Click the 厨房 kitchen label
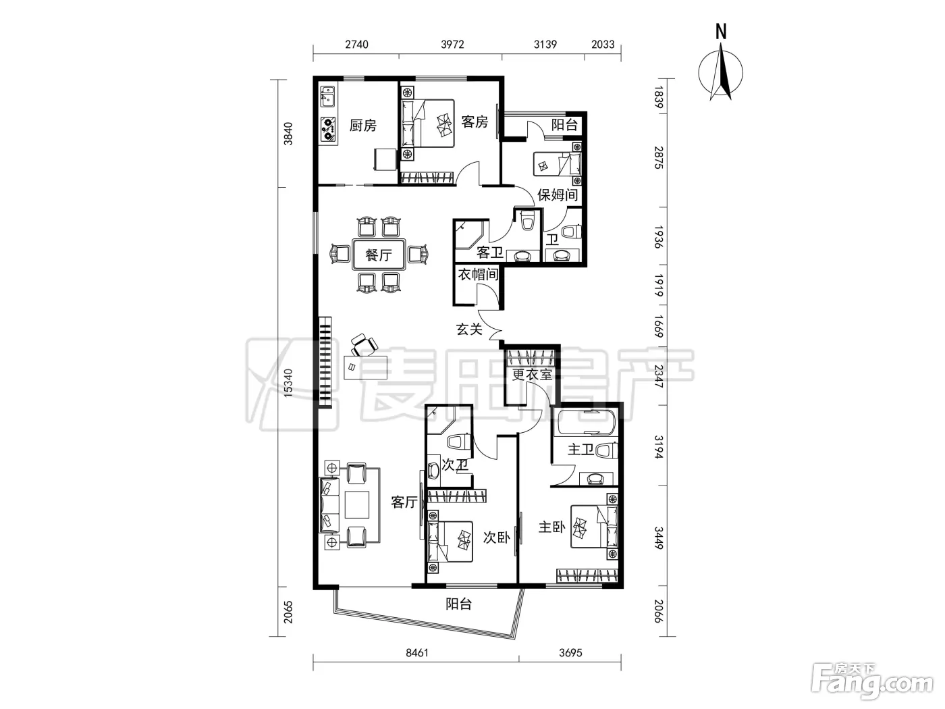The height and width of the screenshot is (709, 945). pyautogui.click(x=363, y=126)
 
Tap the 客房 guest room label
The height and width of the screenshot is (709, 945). pyautogui.click(x=475, y=122)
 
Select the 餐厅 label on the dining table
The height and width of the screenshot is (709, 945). pyautogui.click(x=379, y=255)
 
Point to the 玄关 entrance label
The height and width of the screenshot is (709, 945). pyautogui.click(x=469, y=330)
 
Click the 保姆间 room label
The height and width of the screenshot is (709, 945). pyautogui.click(x=558, y=195)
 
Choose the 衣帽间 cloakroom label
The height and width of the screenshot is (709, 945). pyautogui.click(x=478, y=274)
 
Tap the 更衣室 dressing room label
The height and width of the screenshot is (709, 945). pyautogui.click(x=532, y=375)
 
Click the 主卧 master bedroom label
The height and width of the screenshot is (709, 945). pyautogui.click(x=552, y=527)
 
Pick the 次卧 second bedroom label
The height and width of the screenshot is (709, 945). pyautogui.click(x=496, y=537)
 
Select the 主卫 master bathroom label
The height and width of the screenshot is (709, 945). pyautogui.click(x=580, y=450)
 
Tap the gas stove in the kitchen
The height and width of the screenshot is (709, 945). pyautogui.click(x=329, y=129)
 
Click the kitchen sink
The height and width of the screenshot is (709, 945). pyautogui.click(x=328, y=96)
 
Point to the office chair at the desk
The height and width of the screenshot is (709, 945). pyautogui.click(x=364, y=344)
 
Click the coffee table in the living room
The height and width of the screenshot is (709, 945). pyautogui.click(x=357, y=504)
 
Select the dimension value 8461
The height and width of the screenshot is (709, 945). pyautogui.click(x=417, y=653)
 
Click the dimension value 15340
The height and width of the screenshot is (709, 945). pyautogui.click(x=288, y=383)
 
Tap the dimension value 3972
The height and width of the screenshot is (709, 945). pyautogui.click(x=452, y=45)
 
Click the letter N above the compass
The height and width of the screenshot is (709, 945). pyautogui.click(x=721, y=32)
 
